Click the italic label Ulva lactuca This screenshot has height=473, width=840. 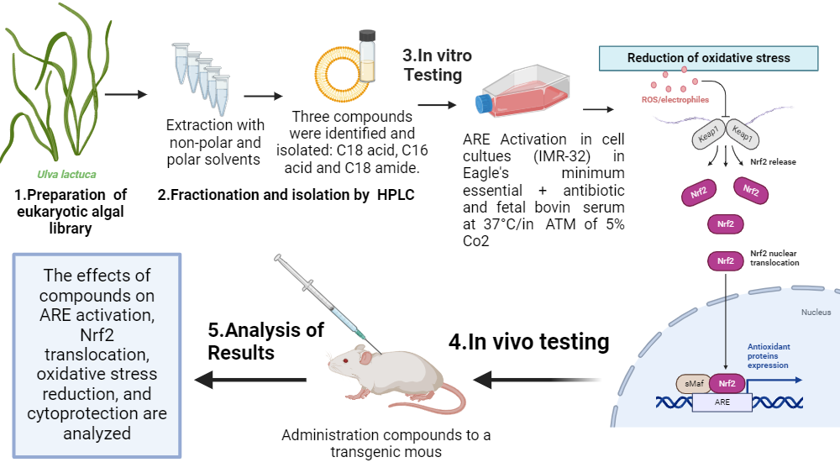click(x=66, y=175)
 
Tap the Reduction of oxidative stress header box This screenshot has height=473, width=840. click(x=708, y=58)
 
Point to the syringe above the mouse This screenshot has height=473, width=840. click(x=328, y=297)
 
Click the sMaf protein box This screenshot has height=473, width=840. click(x=692, y=384)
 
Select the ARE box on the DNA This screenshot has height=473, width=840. click(x=722, y=402)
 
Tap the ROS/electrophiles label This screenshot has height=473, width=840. click(x=669, y=100)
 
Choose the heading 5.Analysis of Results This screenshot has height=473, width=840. click(x=265, y=340)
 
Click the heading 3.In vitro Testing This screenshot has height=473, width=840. click(x=436, y=66)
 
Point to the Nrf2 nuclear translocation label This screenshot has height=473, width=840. click(x=774, y=258)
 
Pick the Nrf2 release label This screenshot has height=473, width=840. click(x=773, y=161)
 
